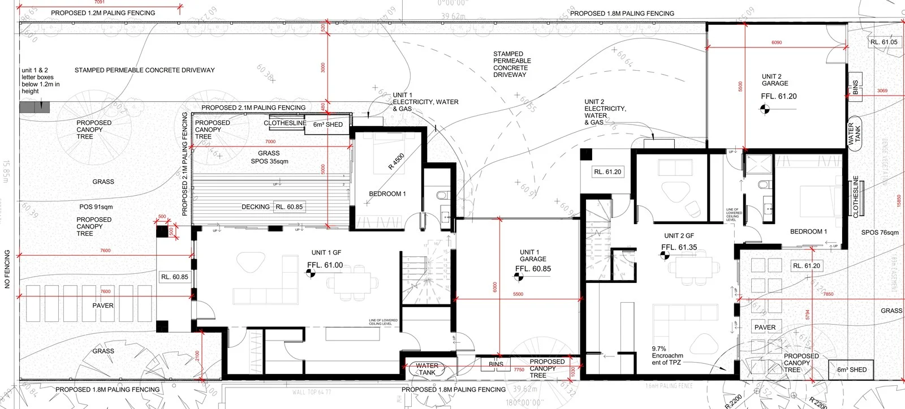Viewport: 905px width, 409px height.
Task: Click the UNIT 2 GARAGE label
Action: [x=774, y=80]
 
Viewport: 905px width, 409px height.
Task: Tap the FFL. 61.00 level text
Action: [x=325, y=265]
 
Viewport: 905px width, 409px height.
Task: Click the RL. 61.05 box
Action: [x=884, y=42]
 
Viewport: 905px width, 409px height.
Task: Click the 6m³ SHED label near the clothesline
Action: [x=328, y=124]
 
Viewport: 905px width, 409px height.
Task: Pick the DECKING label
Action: [x=256, y=207]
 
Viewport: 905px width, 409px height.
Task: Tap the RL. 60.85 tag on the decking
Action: [x=288, y=207]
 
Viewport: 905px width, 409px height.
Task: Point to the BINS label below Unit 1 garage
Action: [x=496, y=365]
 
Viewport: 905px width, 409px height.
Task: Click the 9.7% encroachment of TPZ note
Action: [x=667, y=356]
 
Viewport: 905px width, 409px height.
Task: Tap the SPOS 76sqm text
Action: [x=880, y=233]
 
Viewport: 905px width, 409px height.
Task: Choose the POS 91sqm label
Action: [x=96, y=207]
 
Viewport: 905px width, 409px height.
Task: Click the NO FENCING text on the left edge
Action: [x=8, y=269]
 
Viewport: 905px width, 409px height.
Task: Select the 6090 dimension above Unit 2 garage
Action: [x=777, y=42]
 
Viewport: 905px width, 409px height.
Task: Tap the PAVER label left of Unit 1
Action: [x=103, y=305]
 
